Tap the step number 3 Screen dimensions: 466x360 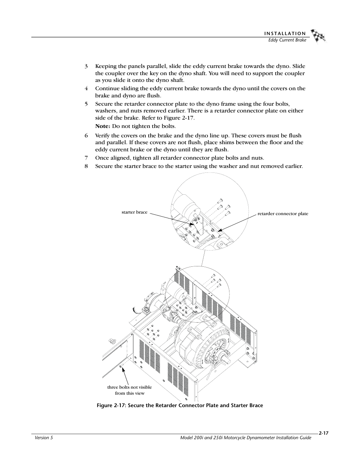(x=86, y=66)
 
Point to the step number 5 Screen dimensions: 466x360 (x=86, y=104)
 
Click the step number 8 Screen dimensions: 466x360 (x=86, y=166)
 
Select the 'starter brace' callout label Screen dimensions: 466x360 (x=134, y=212)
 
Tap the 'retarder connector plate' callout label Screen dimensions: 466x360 (x=283, y=214)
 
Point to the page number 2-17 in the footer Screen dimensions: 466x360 (x=323, y=434)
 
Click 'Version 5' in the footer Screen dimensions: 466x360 (x=42, y=438)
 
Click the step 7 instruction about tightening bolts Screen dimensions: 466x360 (x=179, y=158)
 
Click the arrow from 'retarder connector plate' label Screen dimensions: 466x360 (x=238, y=223)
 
